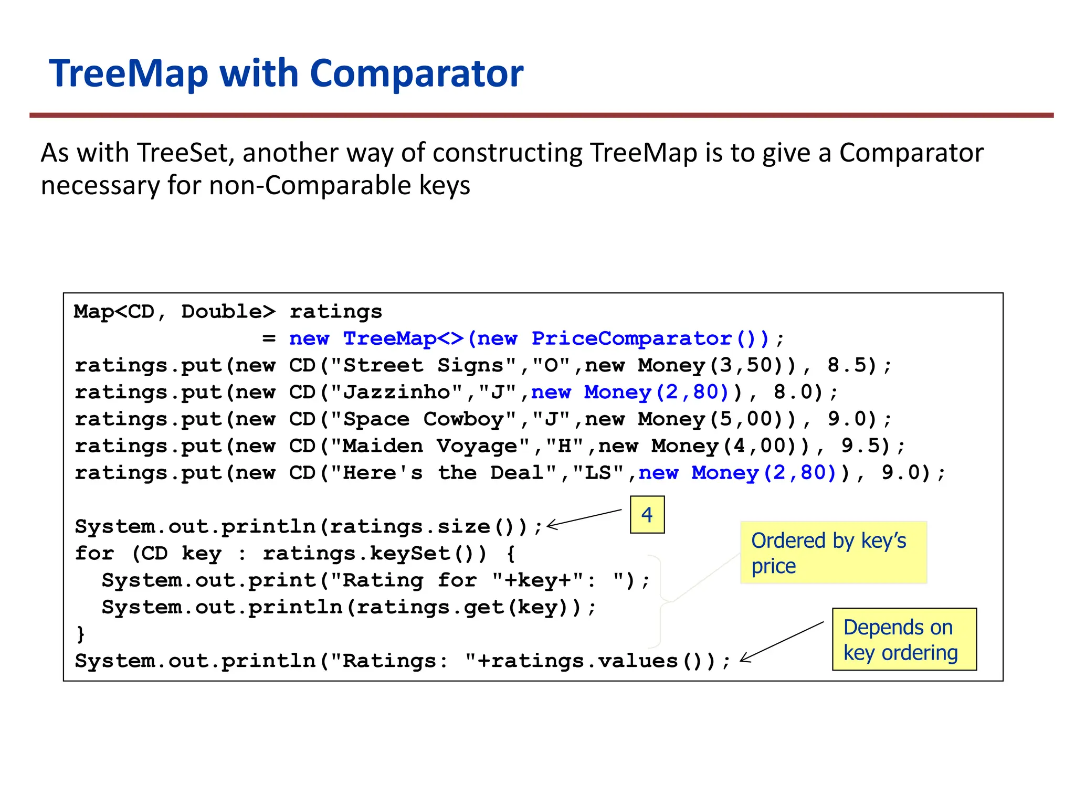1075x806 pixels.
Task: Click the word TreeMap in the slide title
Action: click(129, 73)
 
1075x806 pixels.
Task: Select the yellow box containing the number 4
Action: click(647, 514)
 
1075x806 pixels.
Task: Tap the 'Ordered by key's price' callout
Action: click(833, 553)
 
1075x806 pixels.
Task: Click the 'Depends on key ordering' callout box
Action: click(904, 639)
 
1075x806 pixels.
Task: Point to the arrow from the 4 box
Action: click(584, 517)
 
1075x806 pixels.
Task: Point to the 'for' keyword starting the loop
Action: click(94, 554)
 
